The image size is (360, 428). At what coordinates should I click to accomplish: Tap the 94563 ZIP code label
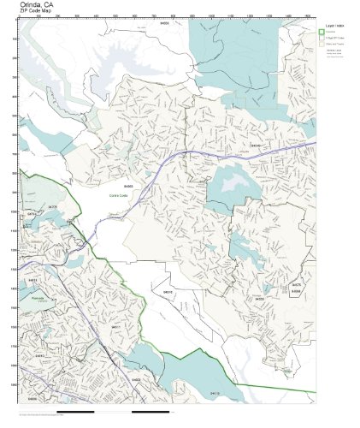[x=128, y=185]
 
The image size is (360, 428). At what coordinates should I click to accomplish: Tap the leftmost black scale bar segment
[x=34, y=414]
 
